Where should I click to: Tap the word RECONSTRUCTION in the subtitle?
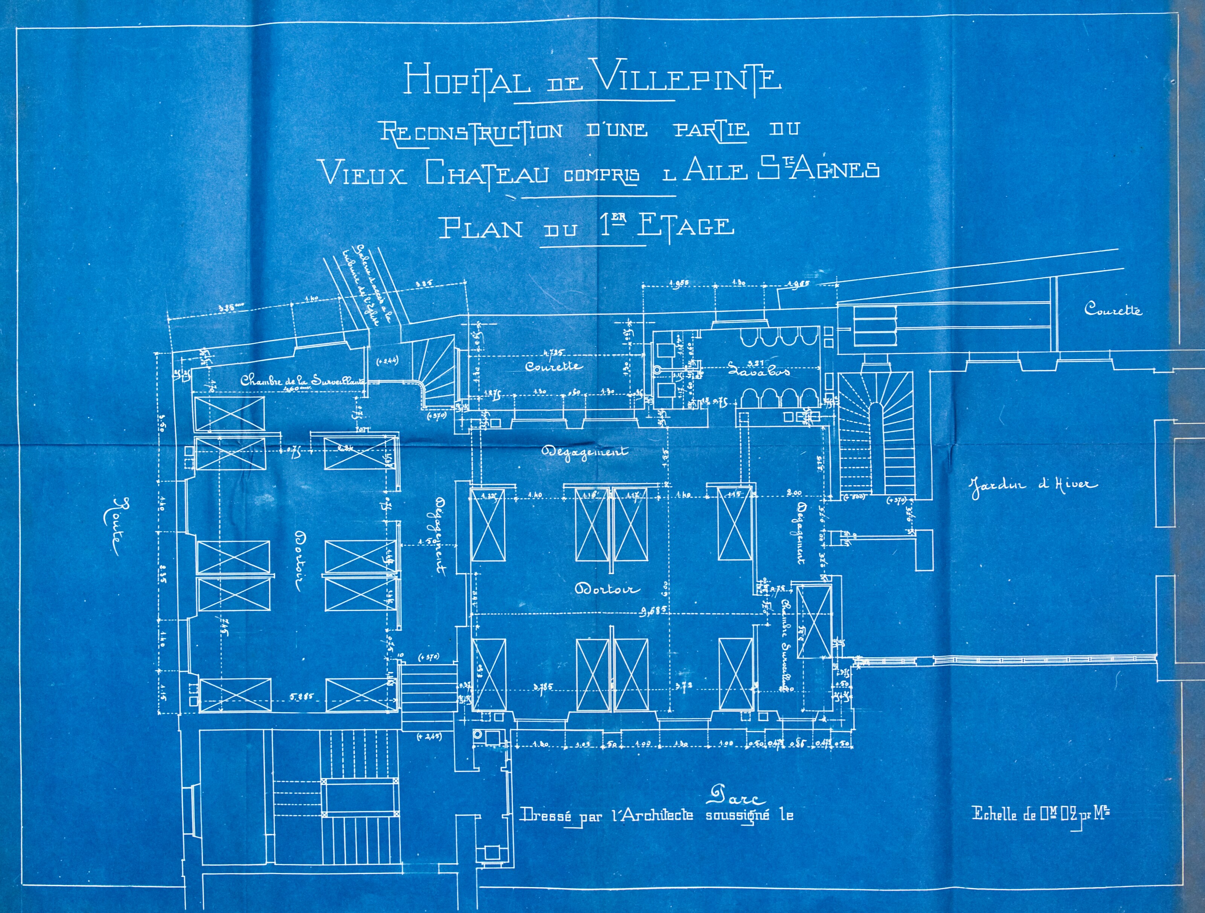(x=471, y=132)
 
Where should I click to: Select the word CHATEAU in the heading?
(x=487, y=173)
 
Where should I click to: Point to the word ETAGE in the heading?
(x=685, y=226)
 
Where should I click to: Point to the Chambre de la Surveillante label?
(x=302, y=381)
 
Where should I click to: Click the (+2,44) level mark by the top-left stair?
(x=388, y=360)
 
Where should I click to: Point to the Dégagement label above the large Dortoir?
(x=584, y=452)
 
